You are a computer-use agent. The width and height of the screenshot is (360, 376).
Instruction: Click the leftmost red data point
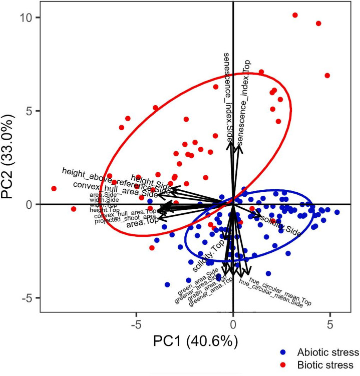(x=54, y=189)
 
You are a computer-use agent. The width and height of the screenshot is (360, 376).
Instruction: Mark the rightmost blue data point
(x=337, y=212)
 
